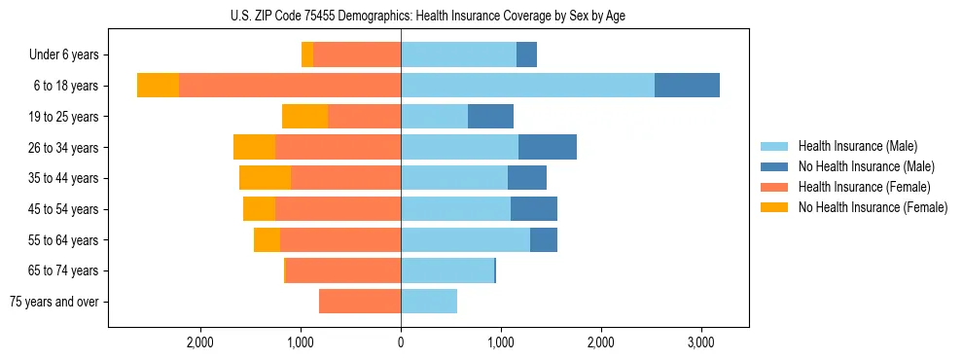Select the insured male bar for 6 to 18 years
click(x=527, y=86)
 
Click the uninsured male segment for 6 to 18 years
click(x=687, y=86)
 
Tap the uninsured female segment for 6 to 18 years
click(x=158, y=86)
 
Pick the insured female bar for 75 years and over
click(x=360, y=302)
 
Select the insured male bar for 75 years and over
click(x=429, y=302)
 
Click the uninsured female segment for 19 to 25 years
click(x=304, y=117)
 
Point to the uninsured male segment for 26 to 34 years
click(x=548, y=147)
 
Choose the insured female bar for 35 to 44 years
click(x=345, y=178)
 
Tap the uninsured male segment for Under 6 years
click(x=526, y=54)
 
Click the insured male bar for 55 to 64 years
click(x=465, y=239)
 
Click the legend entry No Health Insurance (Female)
click(x=872, y=207)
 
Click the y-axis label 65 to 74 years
click(x=65, y=270)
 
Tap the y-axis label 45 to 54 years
click(x=65, y=209)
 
